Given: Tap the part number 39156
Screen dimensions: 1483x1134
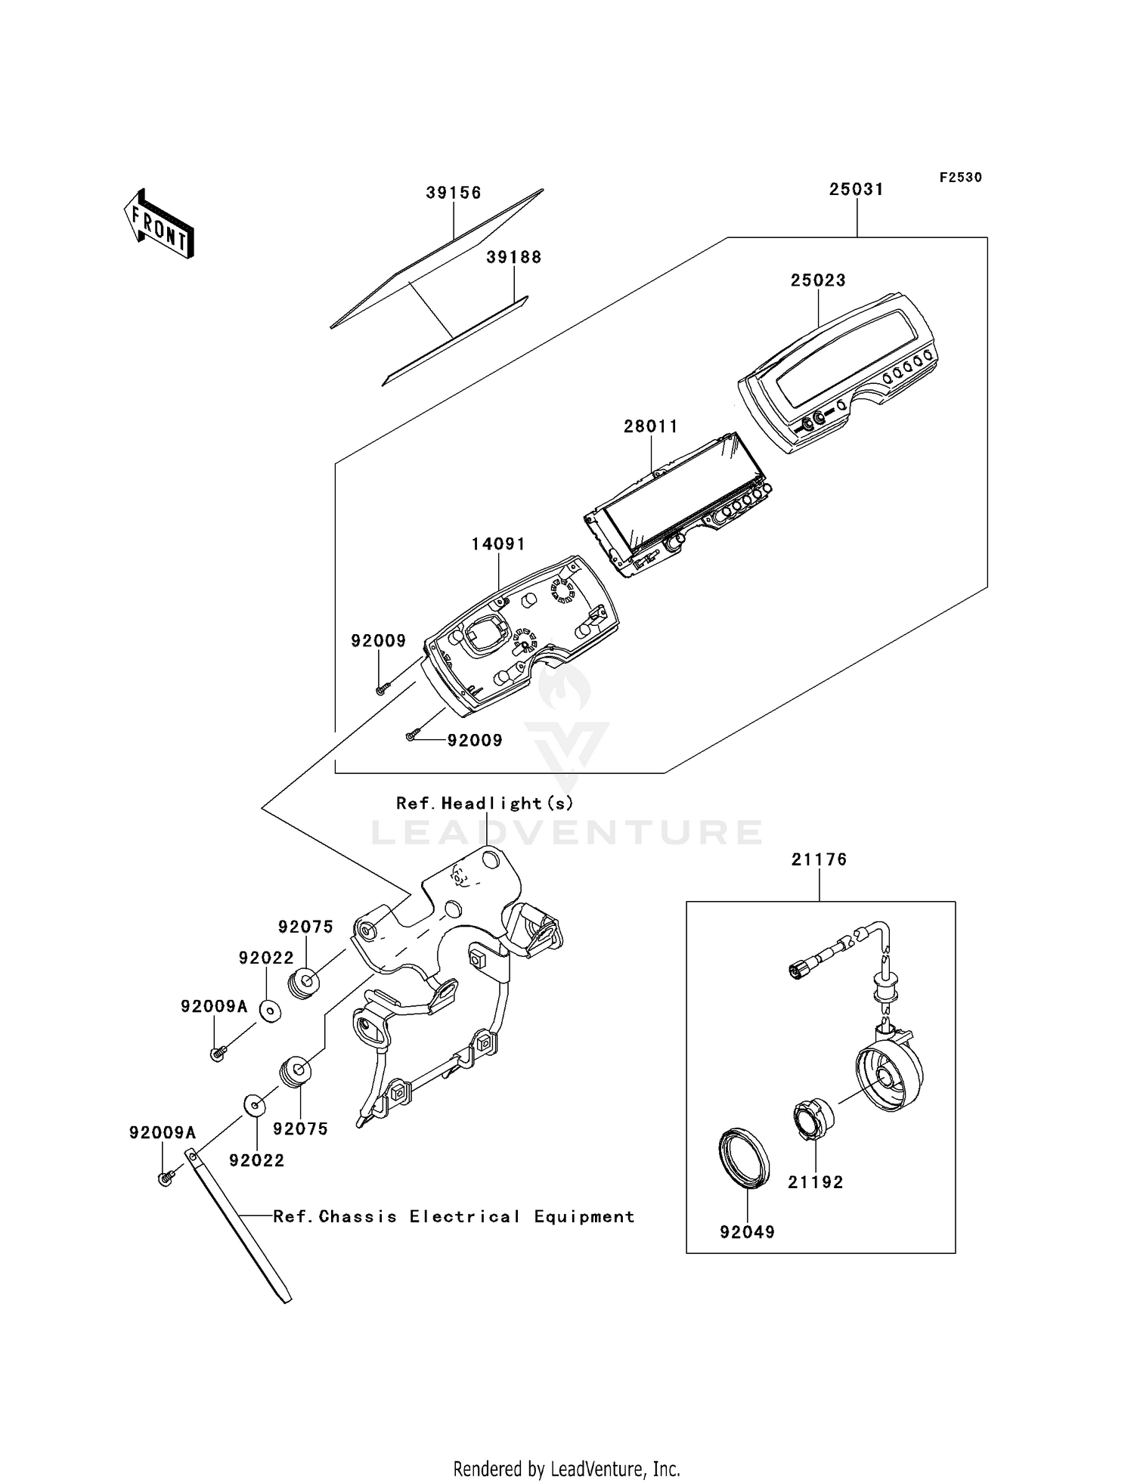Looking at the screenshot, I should [x=453, y=193].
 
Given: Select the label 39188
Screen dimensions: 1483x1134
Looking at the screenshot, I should [x=513, y=257].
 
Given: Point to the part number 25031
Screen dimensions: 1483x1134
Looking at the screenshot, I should [x=856, y=189].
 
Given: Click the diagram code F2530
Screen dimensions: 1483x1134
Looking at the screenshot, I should [x=960, y=178].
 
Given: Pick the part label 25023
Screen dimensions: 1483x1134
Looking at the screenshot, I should [x=818, y=280].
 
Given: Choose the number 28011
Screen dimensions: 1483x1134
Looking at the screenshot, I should [x=650, y=426].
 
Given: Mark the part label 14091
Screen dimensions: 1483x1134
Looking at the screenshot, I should [x=498, y=544].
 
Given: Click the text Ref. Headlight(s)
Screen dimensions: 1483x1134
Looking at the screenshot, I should [x=485, y=803].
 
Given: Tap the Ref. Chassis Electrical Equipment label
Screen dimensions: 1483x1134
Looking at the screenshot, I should [x=454, y=1217].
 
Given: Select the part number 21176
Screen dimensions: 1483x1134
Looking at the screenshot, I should [x=819, y=859].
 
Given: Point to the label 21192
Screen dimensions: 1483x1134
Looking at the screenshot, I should [x=815, y=1182].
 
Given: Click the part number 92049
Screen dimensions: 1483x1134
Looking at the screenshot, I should [x=747, y=1232].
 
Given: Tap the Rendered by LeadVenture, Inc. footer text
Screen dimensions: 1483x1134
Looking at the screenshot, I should [x=566, y=1469].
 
